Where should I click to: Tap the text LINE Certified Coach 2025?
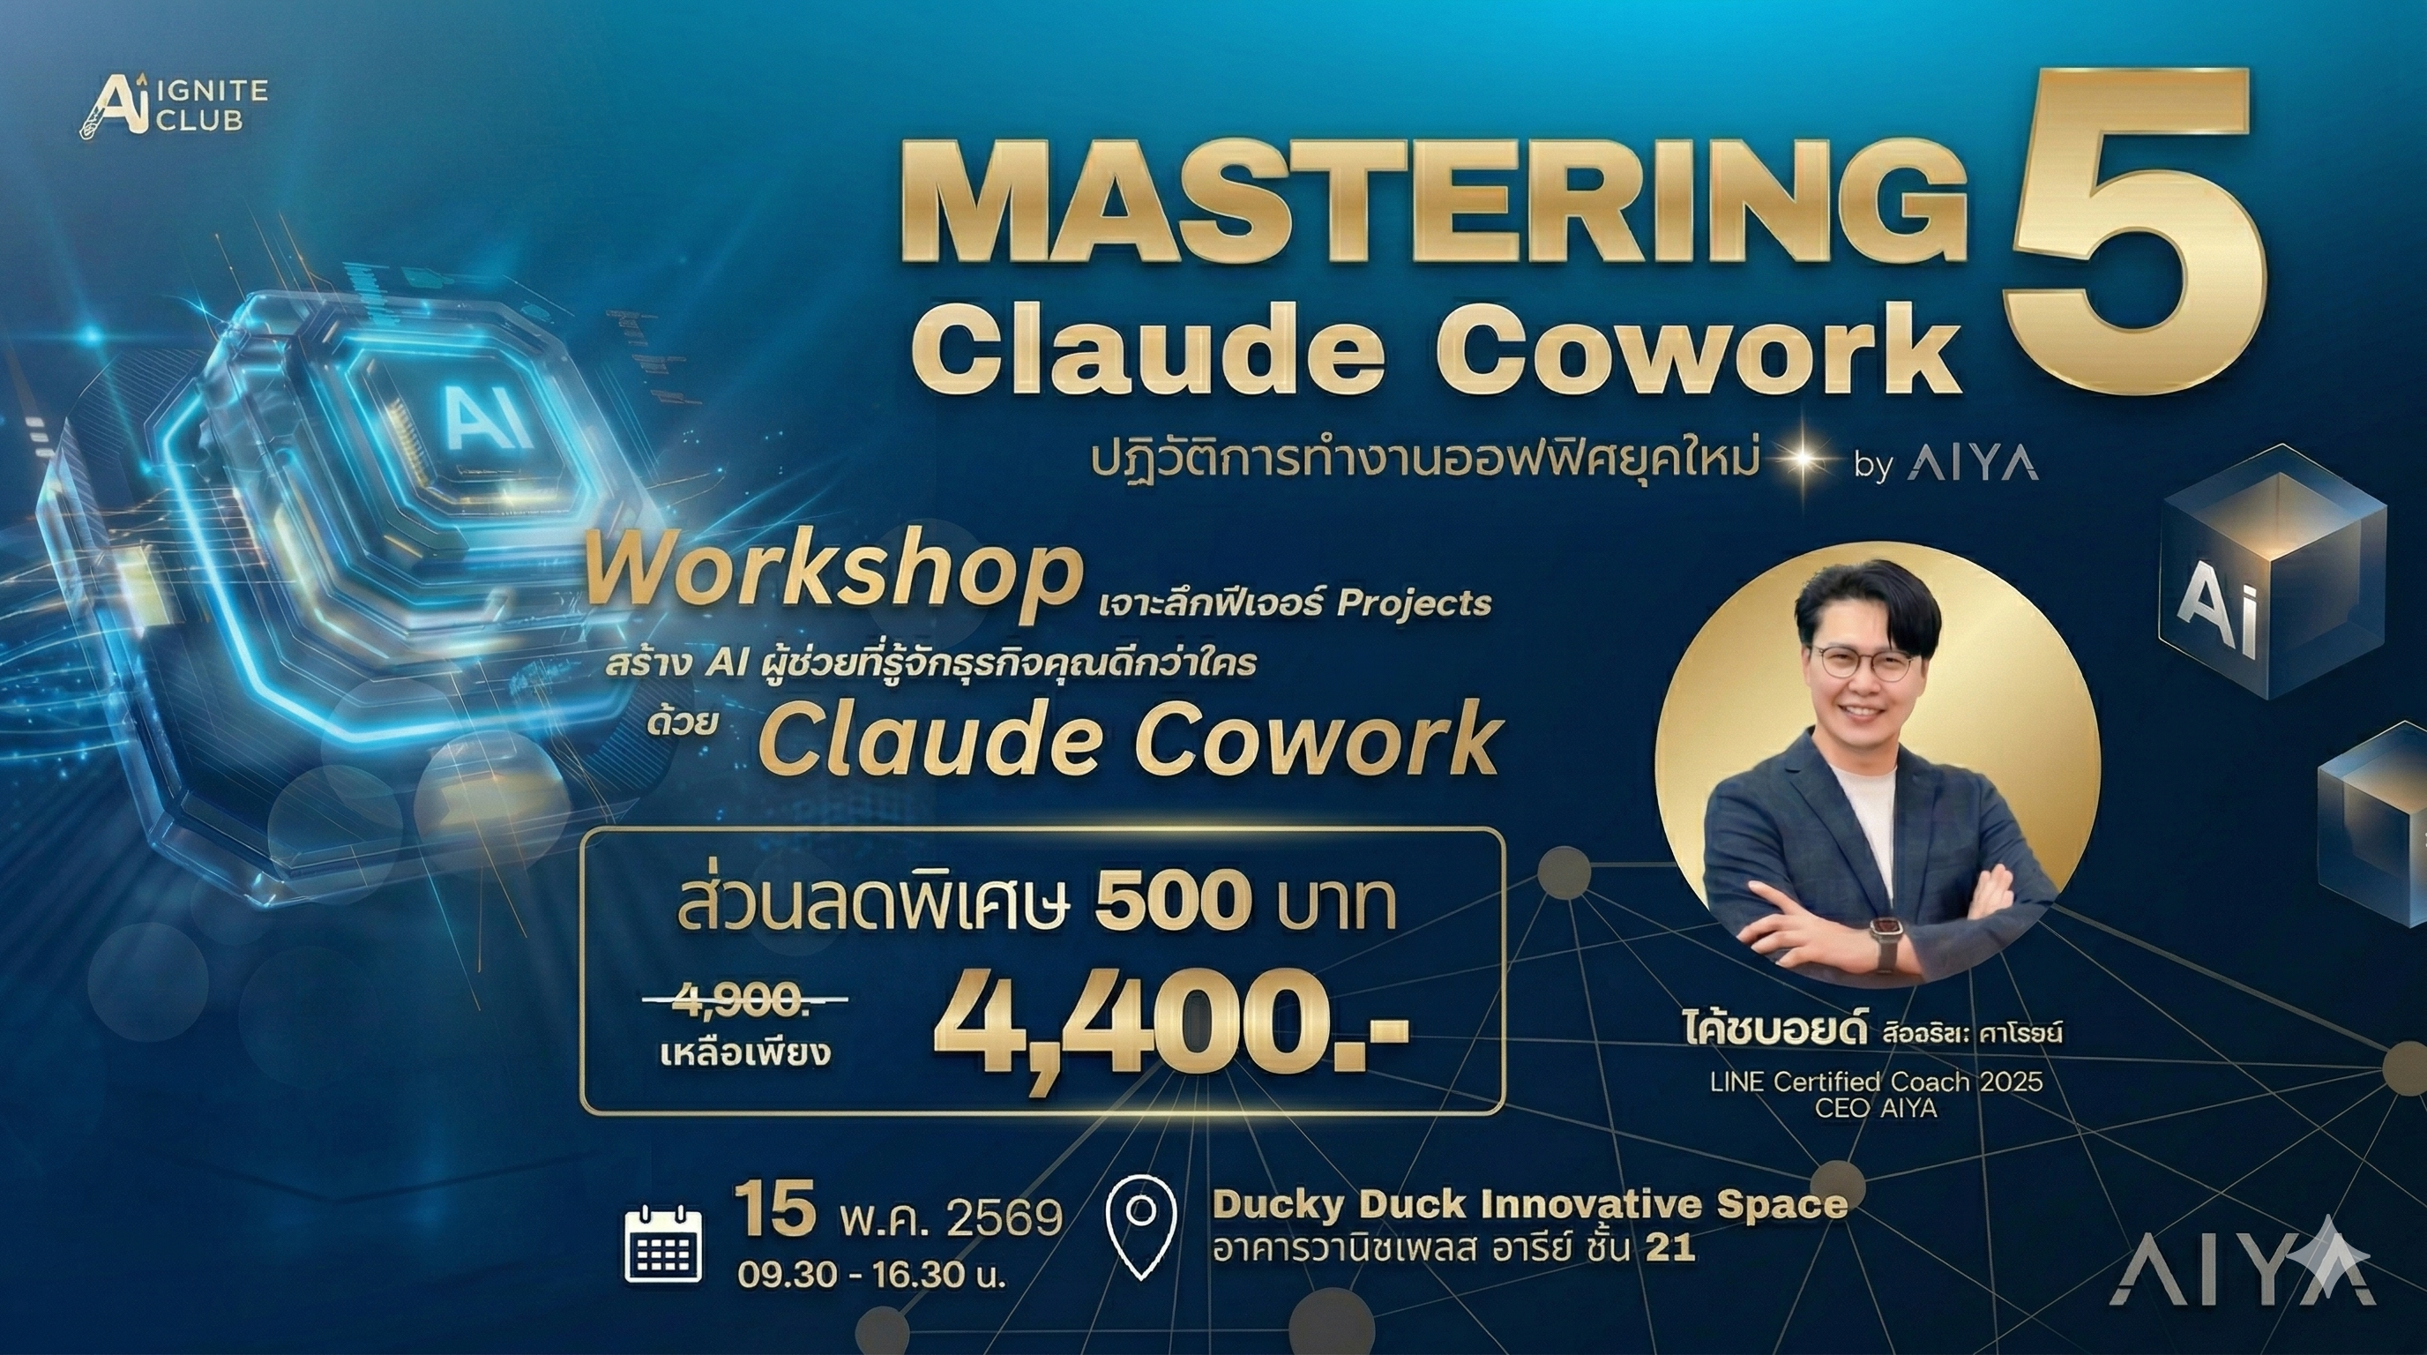coord(1877,1081)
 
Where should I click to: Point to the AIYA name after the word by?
coord(1972,465)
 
